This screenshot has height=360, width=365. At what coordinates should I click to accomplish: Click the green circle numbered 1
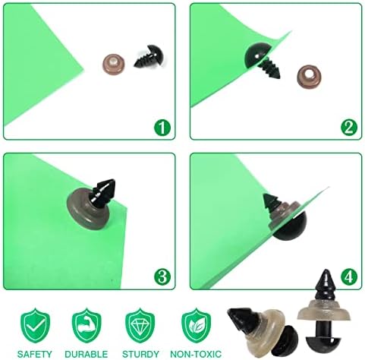(x=161, y=126)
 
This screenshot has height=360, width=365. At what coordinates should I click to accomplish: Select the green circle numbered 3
(x=161, y=275)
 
